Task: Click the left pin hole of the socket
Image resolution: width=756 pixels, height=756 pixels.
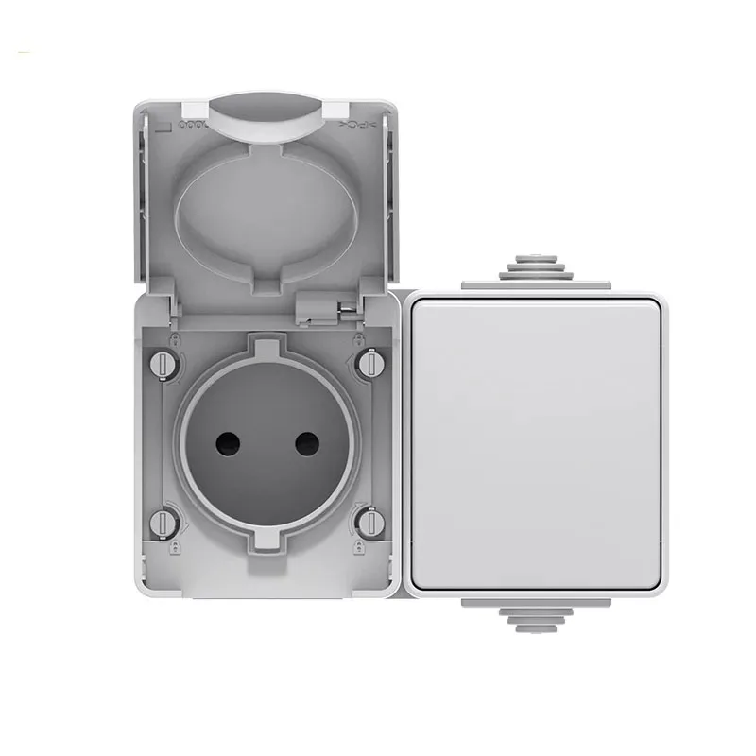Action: [227, 442]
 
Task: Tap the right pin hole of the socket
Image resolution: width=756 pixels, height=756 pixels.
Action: [307, 442]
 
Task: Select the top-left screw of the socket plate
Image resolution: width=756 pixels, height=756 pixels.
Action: [163, 363]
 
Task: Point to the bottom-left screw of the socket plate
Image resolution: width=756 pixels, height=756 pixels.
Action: [163, 521]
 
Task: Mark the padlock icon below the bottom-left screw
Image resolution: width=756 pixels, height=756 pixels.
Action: [175, 545]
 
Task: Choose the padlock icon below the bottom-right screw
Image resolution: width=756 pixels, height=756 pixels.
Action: [358, 545]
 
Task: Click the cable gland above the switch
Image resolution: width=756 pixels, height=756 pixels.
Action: [536, 270]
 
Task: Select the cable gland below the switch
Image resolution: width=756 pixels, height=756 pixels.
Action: [536, 615]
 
